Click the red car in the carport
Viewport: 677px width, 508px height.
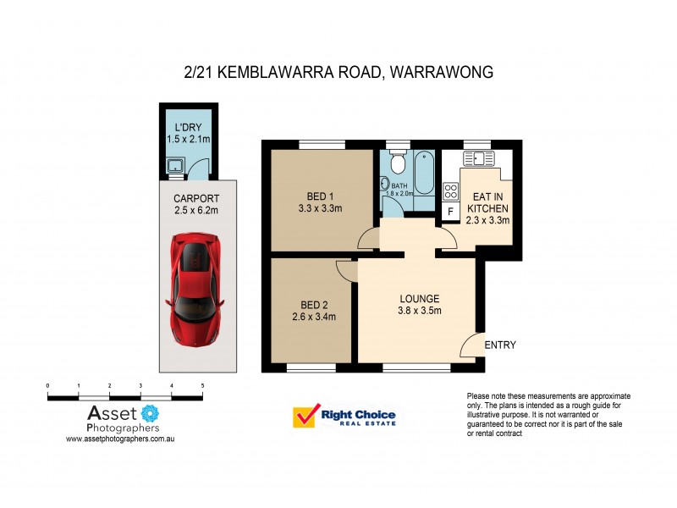click(195, 280)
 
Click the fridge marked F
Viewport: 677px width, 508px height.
click(450, 211)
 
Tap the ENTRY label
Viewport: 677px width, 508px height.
click(499, 345)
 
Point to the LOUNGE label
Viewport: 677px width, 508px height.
click(420, 299)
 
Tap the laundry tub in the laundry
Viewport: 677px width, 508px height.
click(176, 166)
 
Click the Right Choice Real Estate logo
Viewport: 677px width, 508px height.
click(344, 417)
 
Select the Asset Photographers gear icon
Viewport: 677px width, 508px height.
click(150, 414)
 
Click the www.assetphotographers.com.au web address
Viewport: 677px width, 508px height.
click(120, 439)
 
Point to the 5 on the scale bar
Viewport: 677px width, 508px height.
click(202, 385)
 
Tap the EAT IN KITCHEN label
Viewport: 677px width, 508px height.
click(487, 202)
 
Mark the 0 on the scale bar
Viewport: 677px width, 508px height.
click(48, 385)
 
